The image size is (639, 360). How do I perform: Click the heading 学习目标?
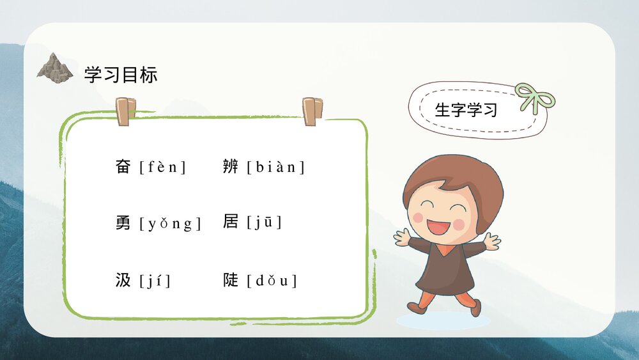click(121, 75)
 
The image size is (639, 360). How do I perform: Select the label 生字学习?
click(466, 110)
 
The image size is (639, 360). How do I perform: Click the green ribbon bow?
click(534, 98)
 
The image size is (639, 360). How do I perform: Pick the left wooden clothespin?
click(126, 111)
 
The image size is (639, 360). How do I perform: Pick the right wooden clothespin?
click(312, 111)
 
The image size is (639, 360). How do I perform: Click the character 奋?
click(123, 167)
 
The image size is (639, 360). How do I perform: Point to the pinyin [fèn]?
click(162, 168)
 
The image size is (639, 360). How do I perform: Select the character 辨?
click(231, 167)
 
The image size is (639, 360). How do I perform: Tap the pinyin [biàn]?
click(276, 168)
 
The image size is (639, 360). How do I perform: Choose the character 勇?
click(123, 223)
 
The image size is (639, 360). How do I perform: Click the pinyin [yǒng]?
click(170, 224)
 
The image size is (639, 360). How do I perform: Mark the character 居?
click(231, 222)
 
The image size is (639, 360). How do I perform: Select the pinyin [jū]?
click(264, 223)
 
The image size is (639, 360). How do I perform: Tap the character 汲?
click(123, 280)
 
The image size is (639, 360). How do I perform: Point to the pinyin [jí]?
click(155, 281)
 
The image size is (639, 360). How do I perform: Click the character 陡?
click(231, 280)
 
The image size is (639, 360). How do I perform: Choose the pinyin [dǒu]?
click(272, 281)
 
